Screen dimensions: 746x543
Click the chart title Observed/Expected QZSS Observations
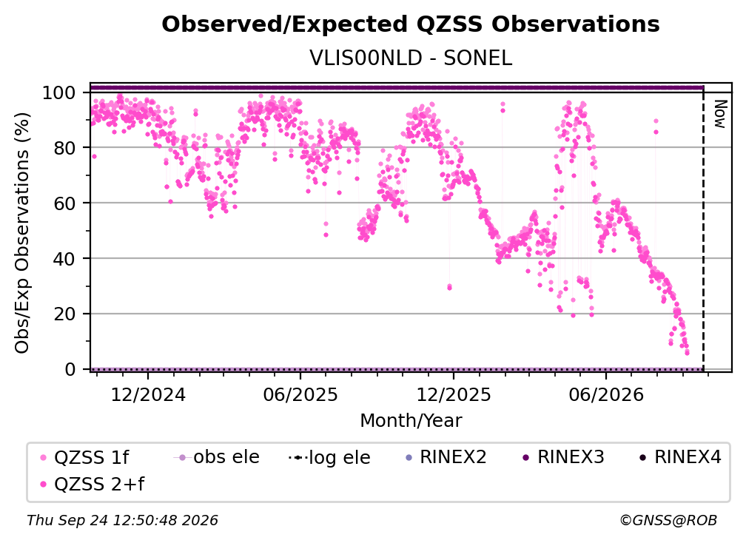[x=411, y=24]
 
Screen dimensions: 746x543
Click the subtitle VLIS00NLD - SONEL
[x=411, y=58]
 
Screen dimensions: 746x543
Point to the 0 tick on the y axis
[x=70, y=369]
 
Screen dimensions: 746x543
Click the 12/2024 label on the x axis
[x=148, y=394]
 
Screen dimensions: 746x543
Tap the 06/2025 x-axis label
[x=300, y=394]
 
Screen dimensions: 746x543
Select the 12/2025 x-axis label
[x=454, y=394]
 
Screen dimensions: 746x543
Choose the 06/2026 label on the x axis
[x=606, y=394]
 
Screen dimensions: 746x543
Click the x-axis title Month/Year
[x=411, y=420]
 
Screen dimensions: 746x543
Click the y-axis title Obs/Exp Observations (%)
[x=22, y=233]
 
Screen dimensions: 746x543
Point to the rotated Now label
[x=720, y=114]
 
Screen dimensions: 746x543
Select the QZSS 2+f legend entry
[x=93, y=484]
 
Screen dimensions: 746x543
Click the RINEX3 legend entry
[x=563, y=457]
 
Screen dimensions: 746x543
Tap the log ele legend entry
[x=329, y=457]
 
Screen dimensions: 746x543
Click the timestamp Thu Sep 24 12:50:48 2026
[x=122, y=520]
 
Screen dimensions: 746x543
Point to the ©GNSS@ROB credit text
[x=668, y=520]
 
